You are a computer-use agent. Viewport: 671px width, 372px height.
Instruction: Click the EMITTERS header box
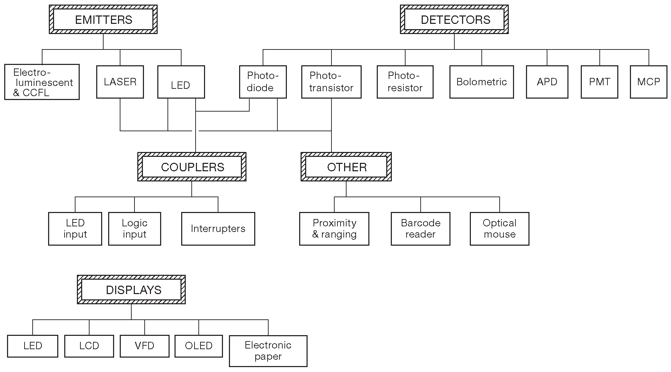(x=103, y=20)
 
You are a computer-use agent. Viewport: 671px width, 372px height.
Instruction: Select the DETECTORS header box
(x=454, y=20)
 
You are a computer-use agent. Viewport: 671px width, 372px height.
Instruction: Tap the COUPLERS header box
(x=192, y=167)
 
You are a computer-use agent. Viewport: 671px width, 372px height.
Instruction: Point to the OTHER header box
(x=346, y=167)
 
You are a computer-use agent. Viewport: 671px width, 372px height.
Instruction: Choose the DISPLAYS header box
(x=131, y=290)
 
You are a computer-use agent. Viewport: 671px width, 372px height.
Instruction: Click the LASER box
(x=120, y=82)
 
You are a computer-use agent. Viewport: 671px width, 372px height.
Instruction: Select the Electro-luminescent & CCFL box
(x=42, y=82)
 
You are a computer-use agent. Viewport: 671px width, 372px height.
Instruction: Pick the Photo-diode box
(x=263, y=82)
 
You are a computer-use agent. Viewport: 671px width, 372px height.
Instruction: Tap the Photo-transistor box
(x=331, y=82)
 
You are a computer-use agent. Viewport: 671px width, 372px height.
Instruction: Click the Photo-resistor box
(x=405, y=82)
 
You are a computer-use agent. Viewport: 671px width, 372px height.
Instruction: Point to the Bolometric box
(x=481, y=82)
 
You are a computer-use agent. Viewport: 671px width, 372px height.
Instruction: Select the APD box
(x=547, y=82)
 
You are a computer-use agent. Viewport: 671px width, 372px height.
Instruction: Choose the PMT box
(x=599, y=82)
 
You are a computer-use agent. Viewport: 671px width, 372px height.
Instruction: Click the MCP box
(x=649, y=82)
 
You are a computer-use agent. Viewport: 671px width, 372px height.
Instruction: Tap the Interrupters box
(x=218, y=228)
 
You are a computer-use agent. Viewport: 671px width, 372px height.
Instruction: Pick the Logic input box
(x=134, y=228)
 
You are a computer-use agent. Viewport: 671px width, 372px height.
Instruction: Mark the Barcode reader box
(x=420, y=228)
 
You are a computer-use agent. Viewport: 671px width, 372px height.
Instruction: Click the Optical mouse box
(x=499, y=228)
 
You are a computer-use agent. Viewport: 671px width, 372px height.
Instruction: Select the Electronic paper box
(x=268, y=351)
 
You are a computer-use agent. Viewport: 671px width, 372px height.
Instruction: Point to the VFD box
(x=145, y=346)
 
